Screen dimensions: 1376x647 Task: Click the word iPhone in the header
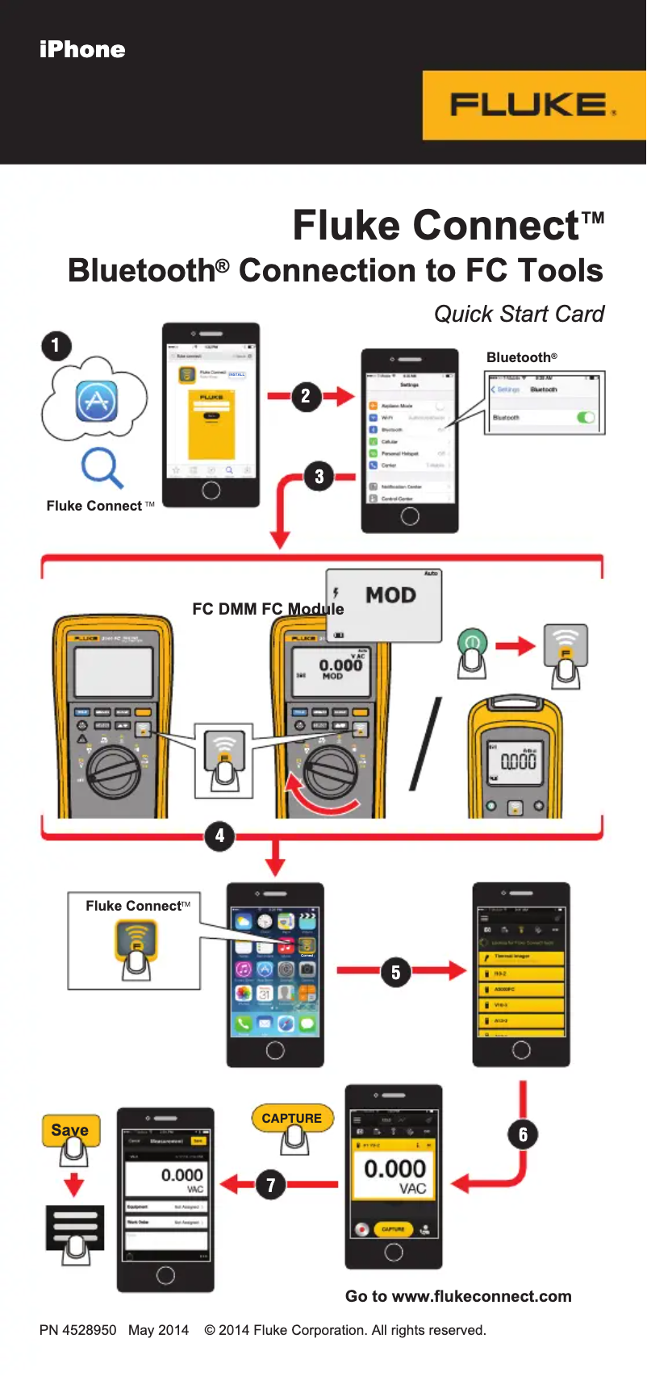tap(82, 50)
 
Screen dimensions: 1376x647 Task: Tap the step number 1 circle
tap(56, 346)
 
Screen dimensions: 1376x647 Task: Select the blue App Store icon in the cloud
tap(97, 401)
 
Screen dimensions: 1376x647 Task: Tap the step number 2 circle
tap(306, 396)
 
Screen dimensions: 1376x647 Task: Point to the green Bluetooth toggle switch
tap(586, 417)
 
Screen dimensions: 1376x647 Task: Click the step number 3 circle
tap(319, 477)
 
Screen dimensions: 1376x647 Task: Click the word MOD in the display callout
tap(390, 595)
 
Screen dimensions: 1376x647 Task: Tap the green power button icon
tap(472, 643)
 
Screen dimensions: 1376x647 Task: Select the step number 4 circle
tap(219, 836)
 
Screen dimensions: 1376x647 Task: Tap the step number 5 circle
tap(395, 972)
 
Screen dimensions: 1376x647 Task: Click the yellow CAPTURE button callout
tap(292, 1118)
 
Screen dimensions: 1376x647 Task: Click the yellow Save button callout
tap(70, 1130)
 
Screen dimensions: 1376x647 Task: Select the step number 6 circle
tap(523, 1135)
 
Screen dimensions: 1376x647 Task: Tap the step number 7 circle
tap(271, 1185)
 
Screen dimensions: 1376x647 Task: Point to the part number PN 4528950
tap(77, 1330)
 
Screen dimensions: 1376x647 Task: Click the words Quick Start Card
tap(519, 314)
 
